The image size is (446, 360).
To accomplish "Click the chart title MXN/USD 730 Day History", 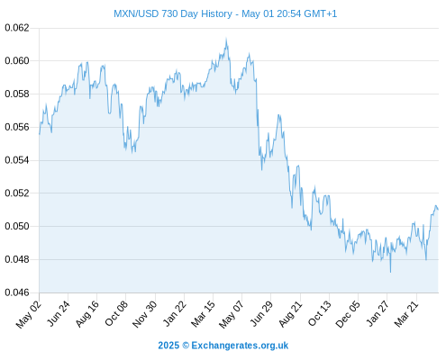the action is (173, 13).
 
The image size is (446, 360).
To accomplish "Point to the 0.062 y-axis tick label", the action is (17, 28).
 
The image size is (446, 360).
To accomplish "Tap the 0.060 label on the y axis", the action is (17, 61).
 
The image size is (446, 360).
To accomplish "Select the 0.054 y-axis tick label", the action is (17, 160).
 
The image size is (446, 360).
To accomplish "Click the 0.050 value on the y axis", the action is (17, 226).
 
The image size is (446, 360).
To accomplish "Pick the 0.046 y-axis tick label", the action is (17, 292).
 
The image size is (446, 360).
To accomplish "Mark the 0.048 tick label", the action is (17, 259).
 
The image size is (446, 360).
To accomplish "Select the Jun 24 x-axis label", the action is (59, 313).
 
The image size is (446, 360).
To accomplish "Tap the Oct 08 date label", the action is (116, 313).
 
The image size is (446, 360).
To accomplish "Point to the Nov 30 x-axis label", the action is (144, 314).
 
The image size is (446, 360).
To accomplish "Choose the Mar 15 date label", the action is (203, 314).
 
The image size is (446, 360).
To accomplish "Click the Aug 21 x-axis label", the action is (290, 314).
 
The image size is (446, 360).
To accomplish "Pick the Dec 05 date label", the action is (348, 314).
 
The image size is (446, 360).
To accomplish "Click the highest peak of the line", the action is (226, 39).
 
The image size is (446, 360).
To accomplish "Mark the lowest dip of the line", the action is (390, 272).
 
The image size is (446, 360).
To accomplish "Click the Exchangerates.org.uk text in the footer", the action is (240, 346).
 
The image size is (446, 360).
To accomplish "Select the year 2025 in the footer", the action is (168, 346).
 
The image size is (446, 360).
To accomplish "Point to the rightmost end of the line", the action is (438, 210).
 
